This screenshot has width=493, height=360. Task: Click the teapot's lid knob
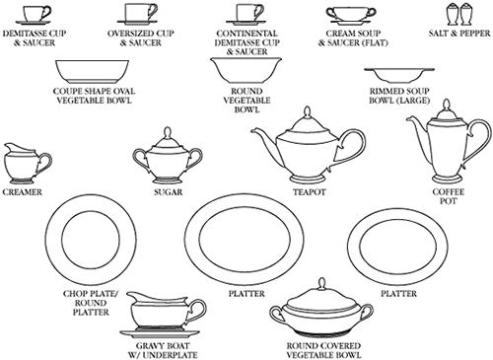[x=308, y=111]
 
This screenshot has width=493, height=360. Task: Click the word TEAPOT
[x=310, y=192]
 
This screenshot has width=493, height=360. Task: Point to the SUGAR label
[x=169, y=192]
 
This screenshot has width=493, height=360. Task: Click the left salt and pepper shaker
[x=453, y=15]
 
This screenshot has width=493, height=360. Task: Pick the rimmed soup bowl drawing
[x=399, y=75]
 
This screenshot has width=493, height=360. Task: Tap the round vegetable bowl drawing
[x=246, y=71]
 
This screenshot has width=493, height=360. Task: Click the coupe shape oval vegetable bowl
[x=93, y=72]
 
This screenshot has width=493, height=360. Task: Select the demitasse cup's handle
[x=47, y=13]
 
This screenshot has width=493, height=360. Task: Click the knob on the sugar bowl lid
[x=169, y=133]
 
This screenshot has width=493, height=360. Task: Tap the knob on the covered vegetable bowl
[x=321, y=284]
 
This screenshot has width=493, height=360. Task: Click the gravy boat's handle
[x=198, y=311]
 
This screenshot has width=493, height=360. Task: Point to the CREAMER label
[x=23, y=192]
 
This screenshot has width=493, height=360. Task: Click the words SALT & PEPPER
[x=459, y=34]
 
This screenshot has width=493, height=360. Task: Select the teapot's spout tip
[x=252, y=130]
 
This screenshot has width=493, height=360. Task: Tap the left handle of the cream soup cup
[x=330, y=13]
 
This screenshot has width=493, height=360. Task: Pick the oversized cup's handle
[x=152, y=12]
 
